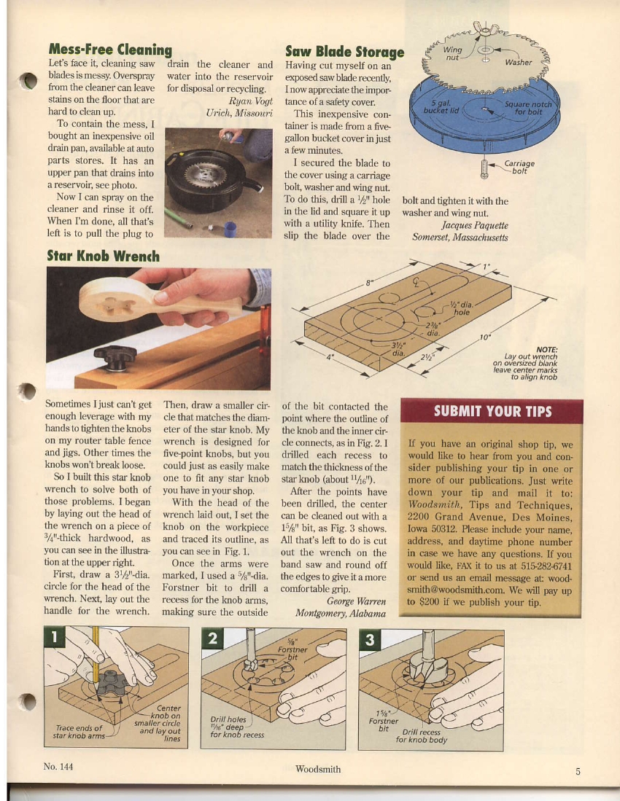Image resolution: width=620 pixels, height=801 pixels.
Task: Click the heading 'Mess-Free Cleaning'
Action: [x=109, y=50]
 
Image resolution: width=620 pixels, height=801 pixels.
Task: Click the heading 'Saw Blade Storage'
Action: [x=344, y=52]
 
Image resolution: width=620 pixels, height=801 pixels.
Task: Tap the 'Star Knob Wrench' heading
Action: [x=103, y=256]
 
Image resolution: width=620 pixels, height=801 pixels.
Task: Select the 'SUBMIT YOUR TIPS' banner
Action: [x=492, y=411]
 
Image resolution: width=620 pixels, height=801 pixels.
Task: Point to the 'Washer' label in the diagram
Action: [x=519, y=63]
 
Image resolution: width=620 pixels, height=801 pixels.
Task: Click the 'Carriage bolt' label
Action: [x=519, y=168]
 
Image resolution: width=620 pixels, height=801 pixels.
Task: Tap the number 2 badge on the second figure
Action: [x=212, y=640]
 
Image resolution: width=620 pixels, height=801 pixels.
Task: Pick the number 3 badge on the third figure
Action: [x=370, y=640]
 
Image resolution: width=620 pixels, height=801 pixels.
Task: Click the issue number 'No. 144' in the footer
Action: [x=58, y=767]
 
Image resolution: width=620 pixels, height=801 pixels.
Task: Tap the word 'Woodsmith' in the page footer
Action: [x=318, y=769]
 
